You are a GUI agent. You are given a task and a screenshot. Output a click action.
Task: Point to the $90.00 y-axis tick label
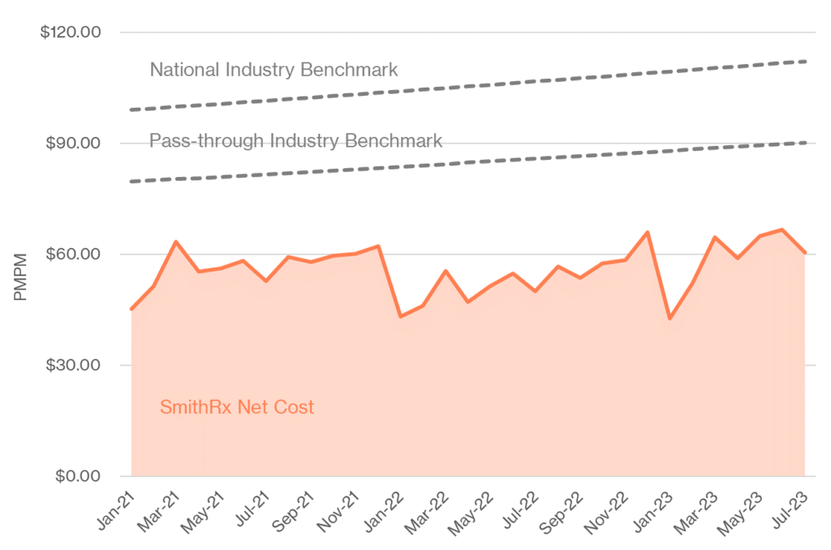(72, 144)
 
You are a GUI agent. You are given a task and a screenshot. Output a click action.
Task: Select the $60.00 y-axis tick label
(72, 254)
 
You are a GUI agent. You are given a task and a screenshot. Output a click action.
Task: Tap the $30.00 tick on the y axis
(72, 365)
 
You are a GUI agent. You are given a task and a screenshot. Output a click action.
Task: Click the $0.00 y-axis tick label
(76, 476)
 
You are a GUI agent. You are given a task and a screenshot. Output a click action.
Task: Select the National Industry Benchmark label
(273, 70)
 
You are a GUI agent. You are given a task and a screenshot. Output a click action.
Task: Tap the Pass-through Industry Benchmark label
(295, 141)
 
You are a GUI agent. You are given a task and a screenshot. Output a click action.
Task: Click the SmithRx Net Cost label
(236, 407)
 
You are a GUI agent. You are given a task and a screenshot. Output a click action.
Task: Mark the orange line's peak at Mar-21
(176, 242)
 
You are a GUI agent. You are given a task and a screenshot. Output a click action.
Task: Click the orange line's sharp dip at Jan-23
(670, 319)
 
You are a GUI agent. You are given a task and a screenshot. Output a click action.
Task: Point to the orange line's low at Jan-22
(400, 316)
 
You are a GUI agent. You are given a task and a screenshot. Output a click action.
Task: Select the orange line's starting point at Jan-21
(131, 309)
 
